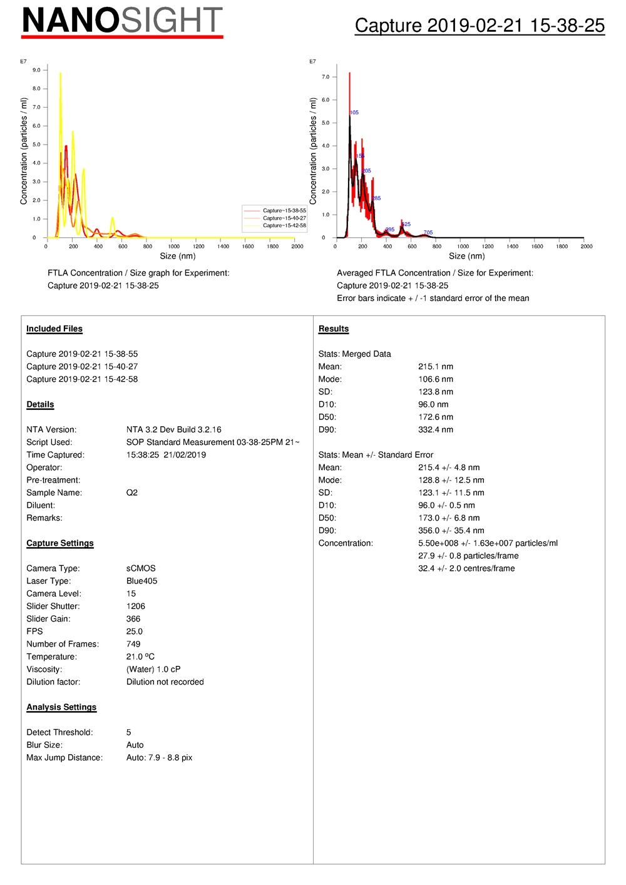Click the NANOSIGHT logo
122,21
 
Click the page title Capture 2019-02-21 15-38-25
480,25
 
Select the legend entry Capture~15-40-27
284,218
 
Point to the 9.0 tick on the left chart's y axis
36,70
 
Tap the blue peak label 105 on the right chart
354,113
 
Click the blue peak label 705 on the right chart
428,233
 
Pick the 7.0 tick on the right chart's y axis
326,77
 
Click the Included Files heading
54,329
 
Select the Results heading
334,329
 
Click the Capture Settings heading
60,543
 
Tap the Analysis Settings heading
61,707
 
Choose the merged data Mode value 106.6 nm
436,379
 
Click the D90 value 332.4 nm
436,430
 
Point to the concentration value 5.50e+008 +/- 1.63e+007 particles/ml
488,543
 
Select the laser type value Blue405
142,581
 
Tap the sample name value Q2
132,493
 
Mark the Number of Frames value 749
133,644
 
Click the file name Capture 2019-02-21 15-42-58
82,379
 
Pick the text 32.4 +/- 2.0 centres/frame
466,568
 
